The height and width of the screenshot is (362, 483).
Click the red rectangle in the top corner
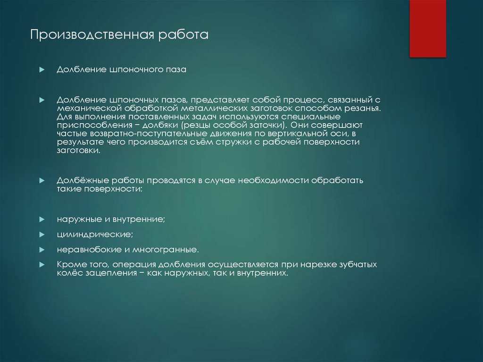(427, 28)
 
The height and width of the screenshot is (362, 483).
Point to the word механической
(86, 108)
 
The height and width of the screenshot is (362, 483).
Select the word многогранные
(165, 249)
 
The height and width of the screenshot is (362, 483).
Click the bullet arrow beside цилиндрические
(42, 234)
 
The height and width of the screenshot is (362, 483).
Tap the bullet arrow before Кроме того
(42, 265)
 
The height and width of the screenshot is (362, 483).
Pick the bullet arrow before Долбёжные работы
(42, 181)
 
